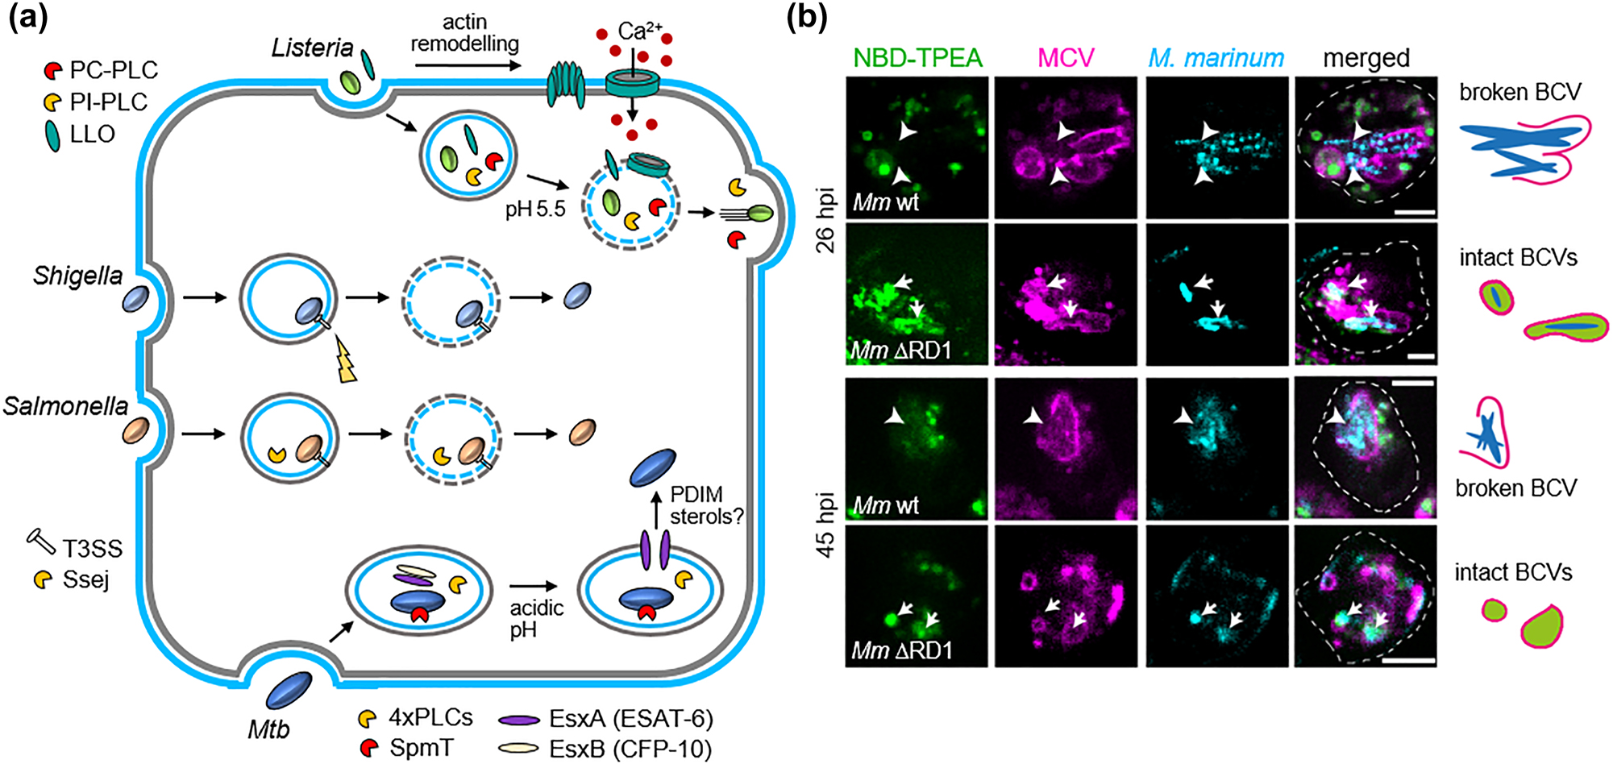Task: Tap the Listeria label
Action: point(312,48)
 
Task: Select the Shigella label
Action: point(77,276)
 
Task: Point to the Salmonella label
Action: point(65,406)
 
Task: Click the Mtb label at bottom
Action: point(268,730)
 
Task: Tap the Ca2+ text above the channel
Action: point(639,31)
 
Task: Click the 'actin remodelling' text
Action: point(464,33)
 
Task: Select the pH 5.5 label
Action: point(535,210)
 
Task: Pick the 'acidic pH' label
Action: point(535,618)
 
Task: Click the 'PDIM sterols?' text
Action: point(706,505)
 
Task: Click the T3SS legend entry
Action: point(92,549)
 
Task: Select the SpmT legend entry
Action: point(420,748)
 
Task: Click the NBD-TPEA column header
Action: point(917,58)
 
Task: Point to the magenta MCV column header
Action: point(1066,58)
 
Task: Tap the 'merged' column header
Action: point(1366,58)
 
